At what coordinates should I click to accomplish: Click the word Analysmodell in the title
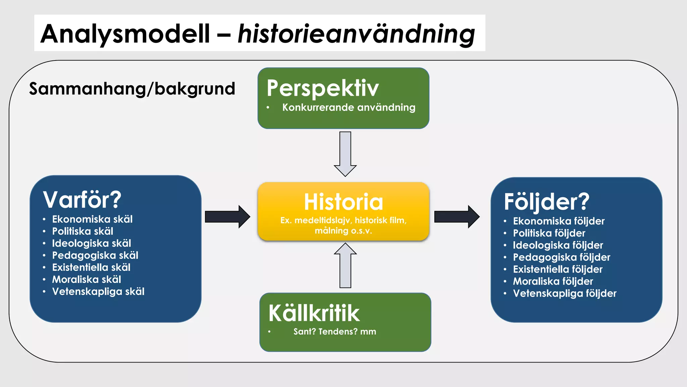125,34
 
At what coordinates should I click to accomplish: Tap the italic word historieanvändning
356,34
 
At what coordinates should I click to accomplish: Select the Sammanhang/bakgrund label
132,89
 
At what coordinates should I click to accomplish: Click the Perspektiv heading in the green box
323,88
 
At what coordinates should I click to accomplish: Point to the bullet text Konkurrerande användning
349,107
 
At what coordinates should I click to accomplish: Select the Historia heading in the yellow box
343,202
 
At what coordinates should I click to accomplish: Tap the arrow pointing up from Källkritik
345,265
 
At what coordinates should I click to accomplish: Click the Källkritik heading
314,313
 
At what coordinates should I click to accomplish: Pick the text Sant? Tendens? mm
334,332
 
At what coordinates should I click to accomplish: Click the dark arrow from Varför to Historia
227,217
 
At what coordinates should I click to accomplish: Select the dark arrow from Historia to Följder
457,217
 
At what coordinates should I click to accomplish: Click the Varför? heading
82,200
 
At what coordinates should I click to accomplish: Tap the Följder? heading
546,202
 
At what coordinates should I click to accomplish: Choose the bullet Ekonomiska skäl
92,219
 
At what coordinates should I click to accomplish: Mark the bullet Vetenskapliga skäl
98,292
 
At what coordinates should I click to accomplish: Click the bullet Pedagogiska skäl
95,255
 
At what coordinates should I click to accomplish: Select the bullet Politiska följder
549,233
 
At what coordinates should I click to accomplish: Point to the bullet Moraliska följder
553,281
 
